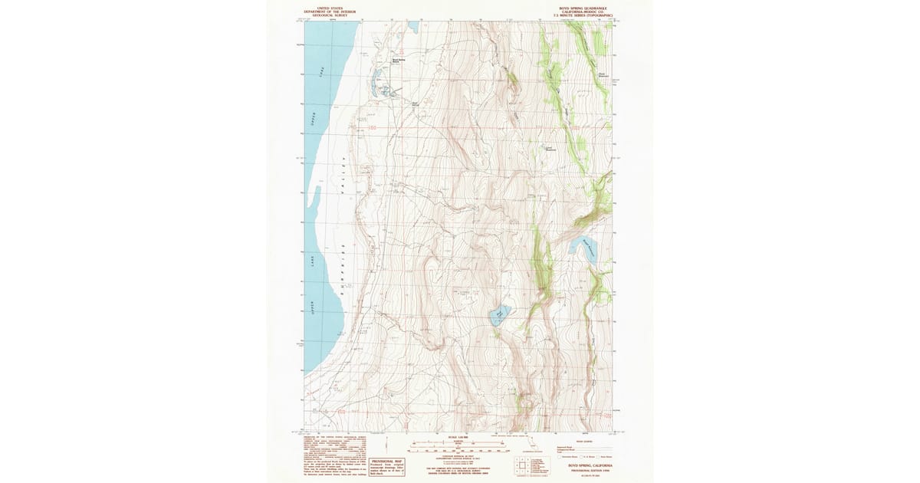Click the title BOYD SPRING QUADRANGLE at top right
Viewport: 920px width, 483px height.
pos(588,7)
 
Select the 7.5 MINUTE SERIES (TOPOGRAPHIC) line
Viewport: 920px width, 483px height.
pos(588,15)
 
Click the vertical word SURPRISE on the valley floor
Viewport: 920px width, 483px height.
pos(343,268)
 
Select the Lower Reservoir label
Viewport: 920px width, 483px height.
pos(550,149)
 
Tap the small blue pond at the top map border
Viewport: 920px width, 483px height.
pos(412,26)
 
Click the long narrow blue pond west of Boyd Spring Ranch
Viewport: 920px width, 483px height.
pos(376,81)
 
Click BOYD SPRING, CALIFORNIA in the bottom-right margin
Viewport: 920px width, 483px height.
pos(589,465)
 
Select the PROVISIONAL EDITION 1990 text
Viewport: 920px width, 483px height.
pos(589,470)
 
